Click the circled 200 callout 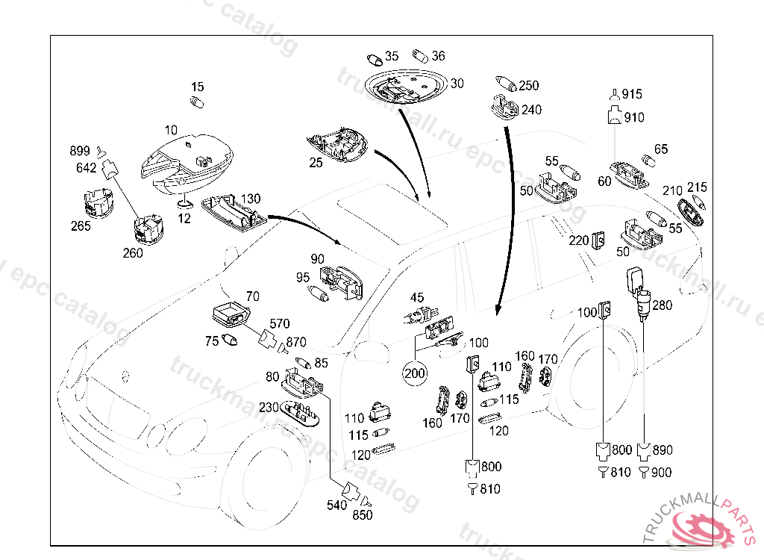pos(414,371)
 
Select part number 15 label pos(197,87)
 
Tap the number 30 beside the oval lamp pos(457,83)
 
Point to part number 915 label pos(632,94)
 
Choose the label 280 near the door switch pos(662,305)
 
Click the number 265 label pos(81,226)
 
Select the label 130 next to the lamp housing pos(251,199)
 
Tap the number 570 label pos(279,323)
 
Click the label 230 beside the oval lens pos(269,408)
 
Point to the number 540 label pos(337,505)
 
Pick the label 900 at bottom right pos(661,473)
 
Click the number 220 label pos(579,240)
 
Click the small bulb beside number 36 pos(420,55)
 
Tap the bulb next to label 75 pos(231,341)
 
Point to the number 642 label pos(86,168)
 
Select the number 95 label pos(302,277)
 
